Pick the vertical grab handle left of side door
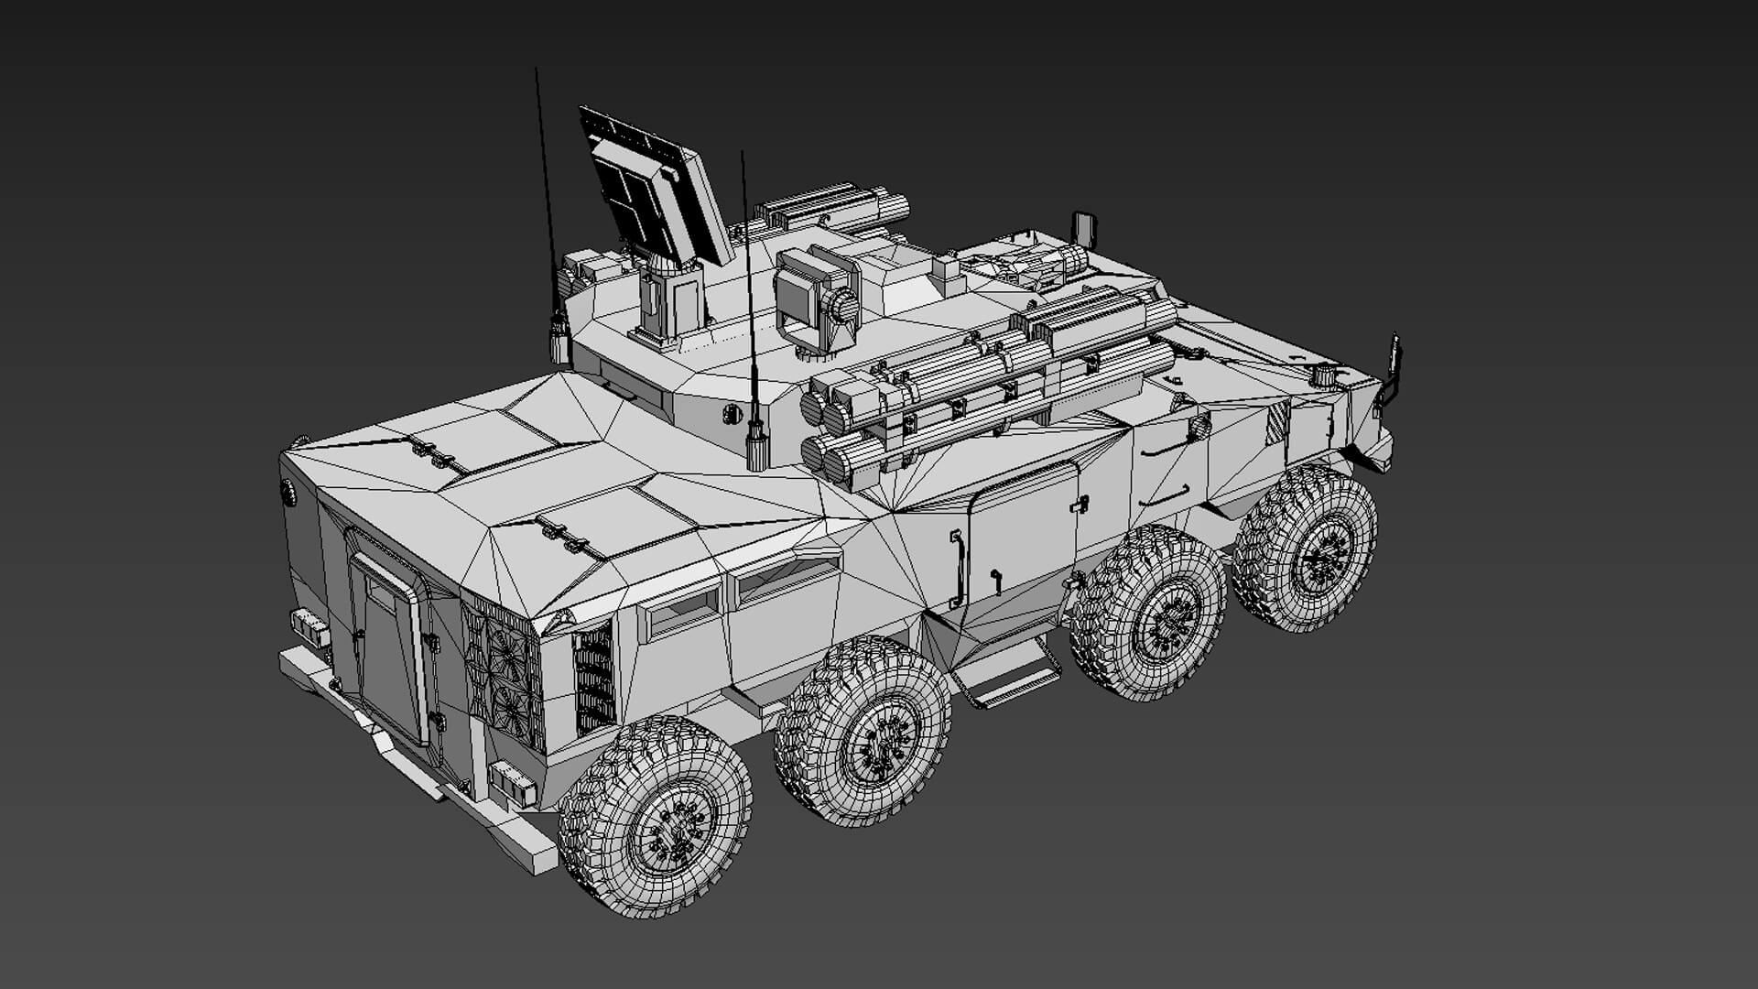[x=958, y=568]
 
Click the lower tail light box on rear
[x=511, y=783]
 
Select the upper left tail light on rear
[x=309, y=625]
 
